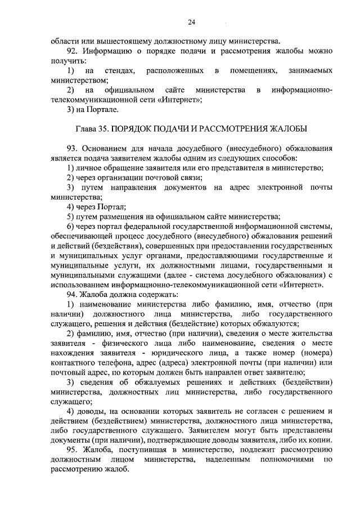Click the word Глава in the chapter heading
click(86, 129)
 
